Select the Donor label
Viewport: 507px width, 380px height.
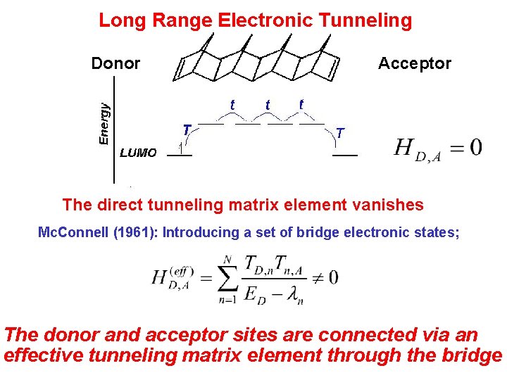115,63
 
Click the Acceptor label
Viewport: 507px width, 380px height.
414,63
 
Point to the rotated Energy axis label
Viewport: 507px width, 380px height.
104,124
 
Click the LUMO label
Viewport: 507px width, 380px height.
139,152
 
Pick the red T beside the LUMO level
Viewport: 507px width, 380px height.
187,130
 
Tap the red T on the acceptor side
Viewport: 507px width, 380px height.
340,132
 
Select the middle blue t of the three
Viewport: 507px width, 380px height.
268,105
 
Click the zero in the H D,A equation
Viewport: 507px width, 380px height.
475,147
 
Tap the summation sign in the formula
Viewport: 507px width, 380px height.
225,277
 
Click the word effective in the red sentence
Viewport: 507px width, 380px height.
43,355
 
